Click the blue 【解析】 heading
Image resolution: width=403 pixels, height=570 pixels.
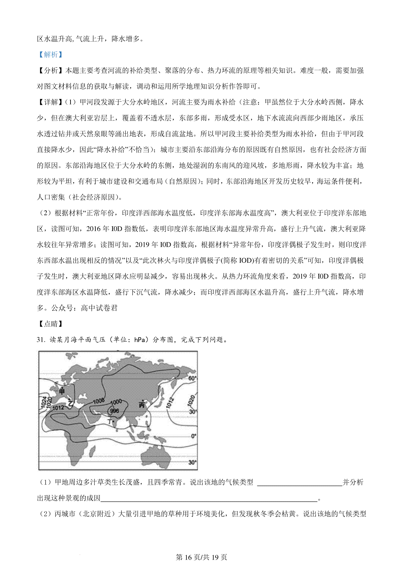click(x=50, y=55)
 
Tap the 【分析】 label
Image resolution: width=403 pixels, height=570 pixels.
click(x=50, y=70)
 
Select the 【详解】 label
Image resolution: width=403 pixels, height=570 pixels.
click(x=50, y=102)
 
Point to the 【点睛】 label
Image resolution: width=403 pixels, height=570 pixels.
click(x=50, y=324)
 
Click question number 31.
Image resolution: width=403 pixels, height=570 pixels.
click(x=41, y=340)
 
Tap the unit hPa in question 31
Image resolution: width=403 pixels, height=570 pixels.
click(x=141, y=340)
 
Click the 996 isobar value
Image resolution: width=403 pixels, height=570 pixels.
click(x=115, y=411)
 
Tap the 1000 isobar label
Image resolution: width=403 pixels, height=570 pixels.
click(x=116, y=402)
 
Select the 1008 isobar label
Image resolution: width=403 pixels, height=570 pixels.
click(x=99, y=400)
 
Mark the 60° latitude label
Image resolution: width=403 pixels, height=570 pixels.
click(x=192, y=379)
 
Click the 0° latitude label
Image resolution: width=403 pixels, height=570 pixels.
click(x=193, y=436)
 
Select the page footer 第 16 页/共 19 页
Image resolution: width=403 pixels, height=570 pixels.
click(x=201, y=557)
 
